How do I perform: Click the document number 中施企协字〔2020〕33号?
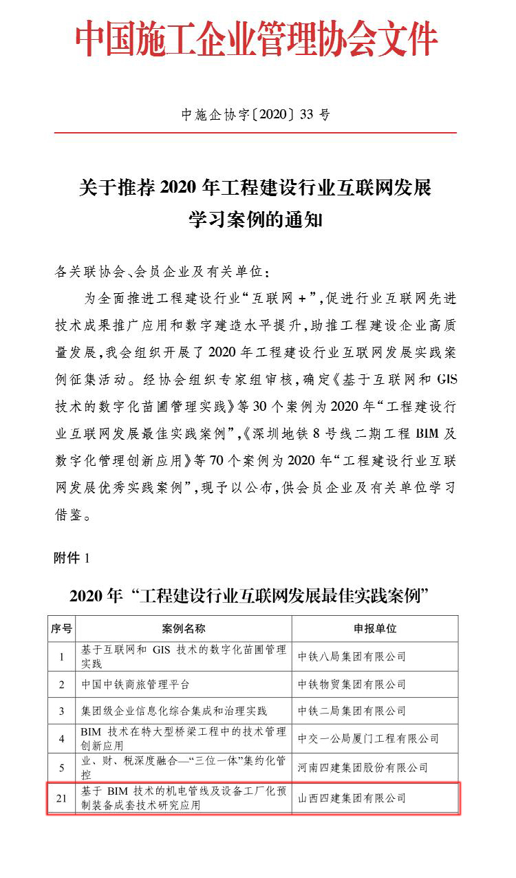[x=256, y=115]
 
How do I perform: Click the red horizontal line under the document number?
[x=256, y=132]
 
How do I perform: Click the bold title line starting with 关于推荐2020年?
[x=256, y=186]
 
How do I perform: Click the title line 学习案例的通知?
[x=256, y=221]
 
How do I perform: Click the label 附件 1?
[x=72, y=558]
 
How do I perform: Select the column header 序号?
[x=61, y=628]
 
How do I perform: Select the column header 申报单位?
[x=374, y=628]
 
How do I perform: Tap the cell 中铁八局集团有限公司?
[x=352, y=656]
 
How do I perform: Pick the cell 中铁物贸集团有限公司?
[x=352, y=685]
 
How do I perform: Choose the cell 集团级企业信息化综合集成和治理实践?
[x=173, y=711]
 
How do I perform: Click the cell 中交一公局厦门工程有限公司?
[x=368, y=738]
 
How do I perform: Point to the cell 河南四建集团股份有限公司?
[x=363, y=767]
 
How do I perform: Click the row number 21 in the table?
[x=61, y=798]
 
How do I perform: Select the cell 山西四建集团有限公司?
[x=352, y=798]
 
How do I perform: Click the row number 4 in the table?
[x=61, y=738]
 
